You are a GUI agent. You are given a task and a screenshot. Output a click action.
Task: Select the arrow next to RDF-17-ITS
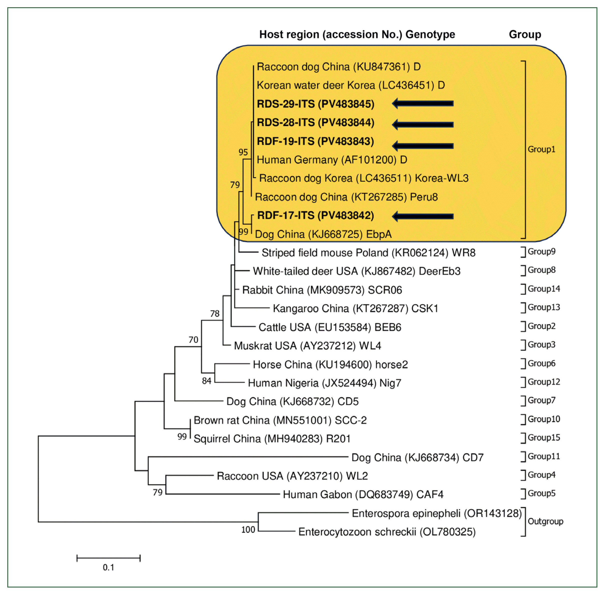[422, 216]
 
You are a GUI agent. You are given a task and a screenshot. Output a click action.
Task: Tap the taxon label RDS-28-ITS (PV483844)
[315, 123]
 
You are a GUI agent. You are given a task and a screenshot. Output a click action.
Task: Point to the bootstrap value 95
[243, 152]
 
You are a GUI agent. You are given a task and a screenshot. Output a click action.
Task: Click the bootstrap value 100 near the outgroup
[248, 530]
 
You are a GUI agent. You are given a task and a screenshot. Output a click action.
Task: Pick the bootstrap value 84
[207, 381]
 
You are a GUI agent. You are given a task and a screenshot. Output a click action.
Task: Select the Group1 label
[541, 149]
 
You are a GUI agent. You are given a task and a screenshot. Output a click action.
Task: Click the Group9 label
[542, 252]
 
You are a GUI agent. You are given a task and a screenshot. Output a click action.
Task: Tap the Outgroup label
[545, 522]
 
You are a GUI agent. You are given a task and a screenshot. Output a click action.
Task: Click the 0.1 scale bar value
[109, 568]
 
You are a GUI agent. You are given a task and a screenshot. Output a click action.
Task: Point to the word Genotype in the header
[430, 34]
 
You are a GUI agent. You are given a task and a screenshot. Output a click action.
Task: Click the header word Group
[525, 34]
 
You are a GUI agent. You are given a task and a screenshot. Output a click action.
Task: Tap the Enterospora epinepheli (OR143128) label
[437, 513]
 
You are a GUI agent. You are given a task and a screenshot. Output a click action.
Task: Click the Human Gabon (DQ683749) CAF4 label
[363, 495]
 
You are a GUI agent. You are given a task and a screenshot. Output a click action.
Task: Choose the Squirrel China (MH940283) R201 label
[272, 439]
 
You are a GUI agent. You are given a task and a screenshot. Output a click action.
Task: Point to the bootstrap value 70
[193, 340]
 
